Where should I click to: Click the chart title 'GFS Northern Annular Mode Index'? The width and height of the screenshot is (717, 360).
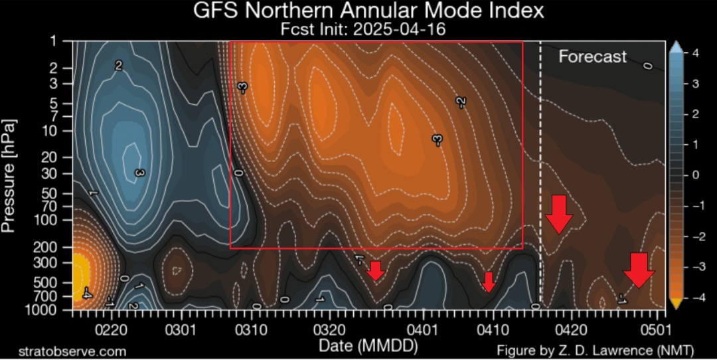tap(368, 10)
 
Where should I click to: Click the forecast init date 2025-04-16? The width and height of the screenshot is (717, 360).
tap(399, 29)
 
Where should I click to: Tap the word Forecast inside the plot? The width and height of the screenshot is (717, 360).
tap(592, 56)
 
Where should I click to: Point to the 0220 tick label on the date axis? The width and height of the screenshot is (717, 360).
tap(111, 330)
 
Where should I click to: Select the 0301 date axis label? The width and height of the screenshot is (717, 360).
tap(181, 330)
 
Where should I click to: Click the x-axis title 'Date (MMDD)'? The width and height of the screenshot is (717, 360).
tap(368, 346)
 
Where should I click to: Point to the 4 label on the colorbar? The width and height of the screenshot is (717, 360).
tap(695, 53)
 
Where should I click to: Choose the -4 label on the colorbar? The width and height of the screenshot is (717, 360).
tap(692, 298)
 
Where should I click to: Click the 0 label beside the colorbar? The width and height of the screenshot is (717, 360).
tap(695, 175)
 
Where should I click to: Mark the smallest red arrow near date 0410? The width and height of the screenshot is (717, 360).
tap(489, 282)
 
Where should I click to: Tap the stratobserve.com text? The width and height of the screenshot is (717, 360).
tap(72, 351)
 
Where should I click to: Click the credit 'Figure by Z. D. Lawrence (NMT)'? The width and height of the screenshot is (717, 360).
tap(596, 351)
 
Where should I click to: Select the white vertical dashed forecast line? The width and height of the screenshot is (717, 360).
tap(540, 175)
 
